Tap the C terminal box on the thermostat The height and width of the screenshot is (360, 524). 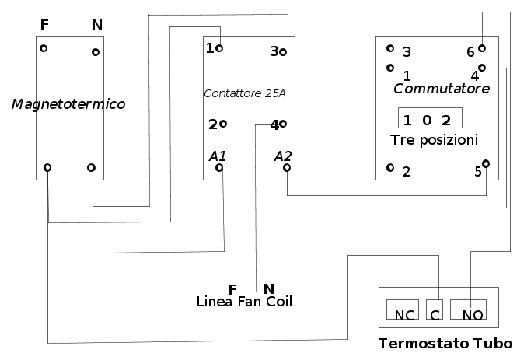pos(435,309)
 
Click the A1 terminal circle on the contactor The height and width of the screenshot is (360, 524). pos(222,167)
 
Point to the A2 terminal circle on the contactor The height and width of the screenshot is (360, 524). pos(287,167)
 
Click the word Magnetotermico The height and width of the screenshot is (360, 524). pos(68,103)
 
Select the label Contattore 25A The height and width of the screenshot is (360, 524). pos(244,93)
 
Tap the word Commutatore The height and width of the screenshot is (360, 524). pos(442,89)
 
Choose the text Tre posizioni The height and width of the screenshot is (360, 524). pos(434,139)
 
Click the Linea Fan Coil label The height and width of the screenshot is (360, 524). pos(244,301)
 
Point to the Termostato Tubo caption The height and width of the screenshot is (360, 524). pos(445,344)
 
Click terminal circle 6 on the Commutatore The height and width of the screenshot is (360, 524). pos(482,47)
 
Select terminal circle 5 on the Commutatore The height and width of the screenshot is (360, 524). pos(486,163)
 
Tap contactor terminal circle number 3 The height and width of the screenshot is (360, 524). pos(283,51)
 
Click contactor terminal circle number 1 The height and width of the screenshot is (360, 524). pos(220,48)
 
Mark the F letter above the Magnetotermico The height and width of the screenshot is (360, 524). pos(44,25)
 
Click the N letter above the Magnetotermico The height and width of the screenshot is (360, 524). pos(96,25)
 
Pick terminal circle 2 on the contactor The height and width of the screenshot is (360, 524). pos(223,123)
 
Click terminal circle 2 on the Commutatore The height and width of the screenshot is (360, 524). pos(390,167)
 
